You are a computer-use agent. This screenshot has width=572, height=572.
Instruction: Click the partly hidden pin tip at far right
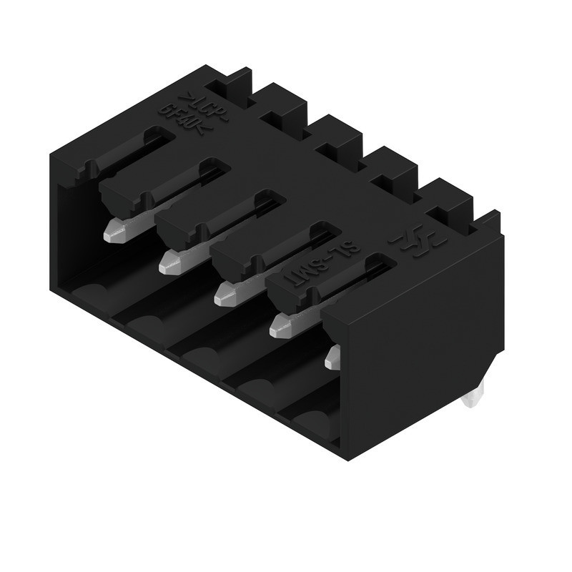pos(332,357)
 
